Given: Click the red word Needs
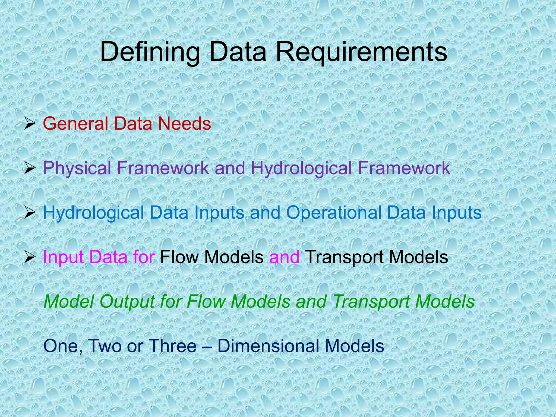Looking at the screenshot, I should [x=184, y=124].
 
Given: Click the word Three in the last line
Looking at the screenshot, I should [x=173, y=346].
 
